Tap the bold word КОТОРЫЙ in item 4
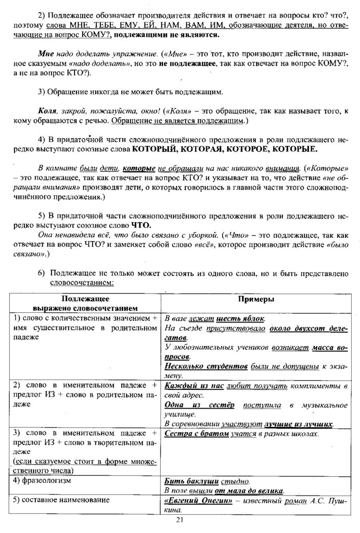point(155,149)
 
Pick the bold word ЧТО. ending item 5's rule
point(143,225)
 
